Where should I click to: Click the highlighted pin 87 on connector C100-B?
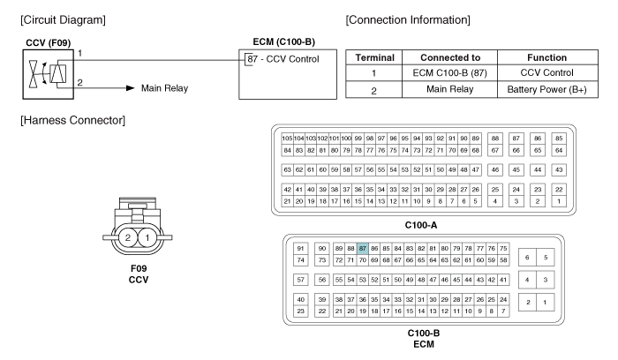(362, 249)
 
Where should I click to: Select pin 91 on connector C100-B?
(300, 249)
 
